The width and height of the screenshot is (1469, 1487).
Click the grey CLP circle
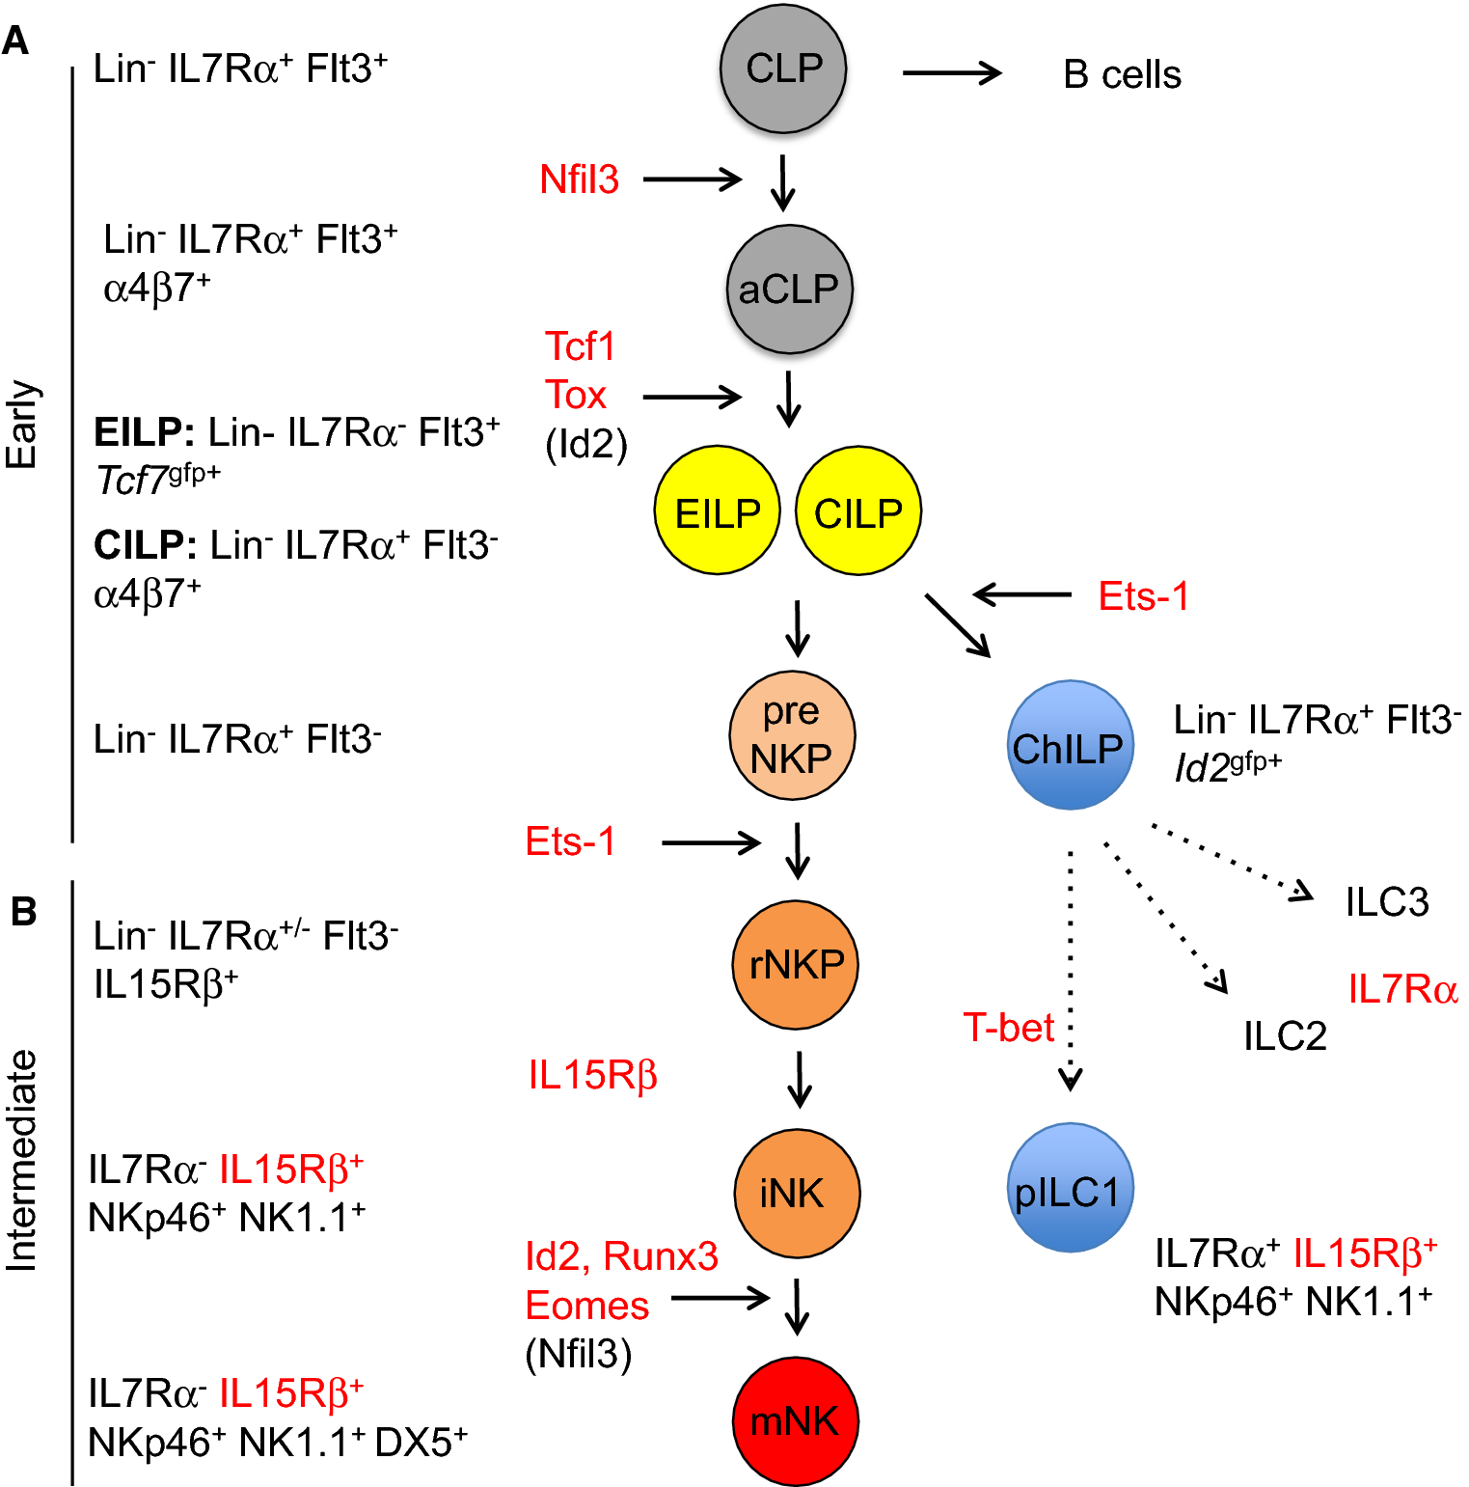(783, 69)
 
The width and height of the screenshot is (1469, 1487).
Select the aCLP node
(789, 289)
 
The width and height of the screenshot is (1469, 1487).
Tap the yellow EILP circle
(717, 511)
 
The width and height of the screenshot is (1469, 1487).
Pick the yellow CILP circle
(857, 511)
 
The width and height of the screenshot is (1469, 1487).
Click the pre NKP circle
(792, 735)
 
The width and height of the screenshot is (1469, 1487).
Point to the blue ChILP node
(1069, 746)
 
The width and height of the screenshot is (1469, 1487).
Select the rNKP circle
(796, 964)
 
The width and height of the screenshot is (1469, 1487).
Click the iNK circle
(796, 1193)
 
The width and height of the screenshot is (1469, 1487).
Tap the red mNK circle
(796, 1420)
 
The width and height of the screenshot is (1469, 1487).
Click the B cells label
(1122, 74)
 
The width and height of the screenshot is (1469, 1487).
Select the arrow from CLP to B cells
(951, 72)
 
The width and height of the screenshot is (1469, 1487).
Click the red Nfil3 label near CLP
(579, 179)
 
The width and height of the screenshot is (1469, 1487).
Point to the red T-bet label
(1008, 1028)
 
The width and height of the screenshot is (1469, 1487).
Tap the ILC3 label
(1386, 902)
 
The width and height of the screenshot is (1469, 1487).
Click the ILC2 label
(1285, 1036)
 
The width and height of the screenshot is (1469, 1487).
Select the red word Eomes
(586, 1306)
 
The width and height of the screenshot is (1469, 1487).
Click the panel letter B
(23, 911)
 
